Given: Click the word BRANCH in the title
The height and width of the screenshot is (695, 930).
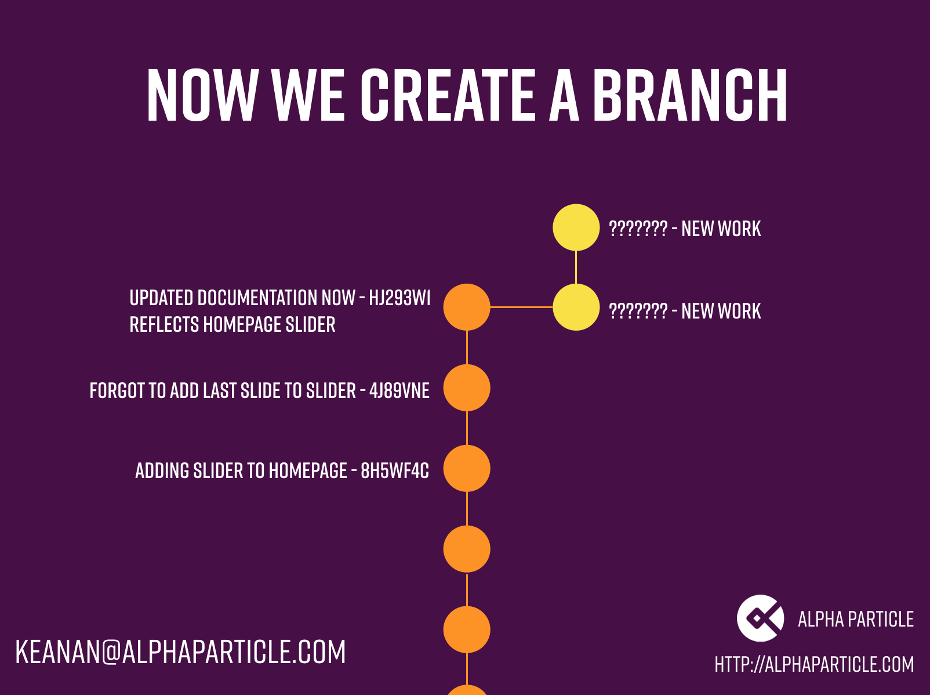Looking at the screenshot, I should pyautogui.click(x=689, y=95).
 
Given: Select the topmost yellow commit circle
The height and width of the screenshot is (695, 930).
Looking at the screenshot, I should pyautogui.click(x=576, y=227).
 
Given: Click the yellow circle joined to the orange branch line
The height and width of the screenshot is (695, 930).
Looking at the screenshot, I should pyautogui.click(x=576, y=307).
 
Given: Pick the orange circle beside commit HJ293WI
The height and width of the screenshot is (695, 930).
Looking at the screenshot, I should pyautogui.click(x=467, y=307).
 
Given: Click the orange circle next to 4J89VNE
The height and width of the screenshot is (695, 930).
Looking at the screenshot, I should pyautogui.click(x=467, y=388).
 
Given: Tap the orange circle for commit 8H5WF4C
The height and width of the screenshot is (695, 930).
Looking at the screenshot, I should pyautogui.click(x=467, y=468).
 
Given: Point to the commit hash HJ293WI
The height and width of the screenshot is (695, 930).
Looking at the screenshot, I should pyautogui.click(x=399, y=298).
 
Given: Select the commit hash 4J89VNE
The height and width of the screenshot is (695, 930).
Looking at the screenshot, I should pyautogui.click(x=399, y=390).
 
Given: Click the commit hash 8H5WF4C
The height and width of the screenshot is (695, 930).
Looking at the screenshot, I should pyautogui.click(x=395, y=470).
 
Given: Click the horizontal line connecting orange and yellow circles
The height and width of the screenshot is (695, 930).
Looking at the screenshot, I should pyautogui.click(x=521, y=307).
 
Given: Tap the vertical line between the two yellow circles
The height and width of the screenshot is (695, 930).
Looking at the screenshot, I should pyautogui.click(x=576, y=267).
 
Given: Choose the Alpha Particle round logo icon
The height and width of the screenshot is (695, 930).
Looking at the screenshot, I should pyautogui.click(x=760, y=618).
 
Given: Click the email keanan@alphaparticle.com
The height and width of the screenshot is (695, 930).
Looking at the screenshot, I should pyautogui.click(x=180, y=651).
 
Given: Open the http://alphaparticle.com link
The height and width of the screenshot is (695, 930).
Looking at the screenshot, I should pyautogui.click(x=814, y=664).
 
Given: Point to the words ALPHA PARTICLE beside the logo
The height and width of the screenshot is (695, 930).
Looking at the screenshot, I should pyautogui.click(x=855, y=619).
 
